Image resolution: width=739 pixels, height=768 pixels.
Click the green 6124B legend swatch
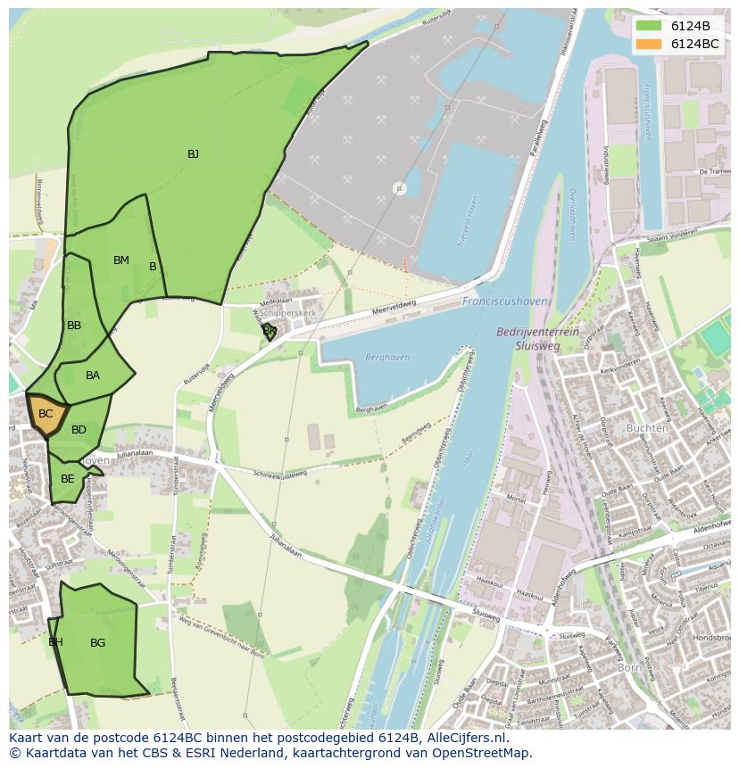click(648, 25)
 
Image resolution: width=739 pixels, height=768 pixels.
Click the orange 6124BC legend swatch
click(648, 44)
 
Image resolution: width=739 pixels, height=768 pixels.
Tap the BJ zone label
click(193, 154)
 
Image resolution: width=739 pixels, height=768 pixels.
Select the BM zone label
click(120, 260)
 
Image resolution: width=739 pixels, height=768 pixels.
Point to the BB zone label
click(74, 326)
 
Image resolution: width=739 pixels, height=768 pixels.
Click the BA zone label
click(93, 376)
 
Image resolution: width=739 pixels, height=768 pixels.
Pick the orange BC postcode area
click(46, 414)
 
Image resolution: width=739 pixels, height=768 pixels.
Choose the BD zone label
click(79, 430)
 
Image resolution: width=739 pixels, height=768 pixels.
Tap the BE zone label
click(68, 479)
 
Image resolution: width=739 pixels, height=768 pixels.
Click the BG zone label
click(97, 642)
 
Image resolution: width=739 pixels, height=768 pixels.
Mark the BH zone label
click(55, 642)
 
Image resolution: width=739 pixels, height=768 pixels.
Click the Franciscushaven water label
click(504, 302)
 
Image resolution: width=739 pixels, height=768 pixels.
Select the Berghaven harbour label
click(387, 358)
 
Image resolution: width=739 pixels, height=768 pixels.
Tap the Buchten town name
click(647, 428)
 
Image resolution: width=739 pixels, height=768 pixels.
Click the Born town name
click(631, 666)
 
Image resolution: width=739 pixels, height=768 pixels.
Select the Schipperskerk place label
click(287, 315)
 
